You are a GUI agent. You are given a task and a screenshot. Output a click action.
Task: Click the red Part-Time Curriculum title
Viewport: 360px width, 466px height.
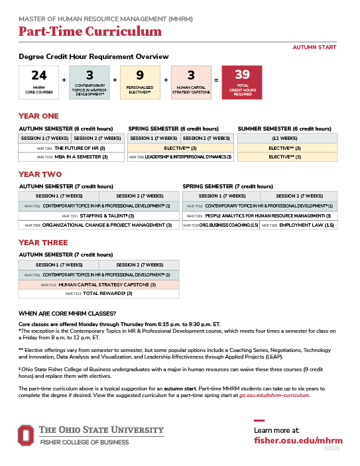pos(90,31)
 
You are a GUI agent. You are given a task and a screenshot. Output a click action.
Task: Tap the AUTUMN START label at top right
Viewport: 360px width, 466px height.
pos(314,47)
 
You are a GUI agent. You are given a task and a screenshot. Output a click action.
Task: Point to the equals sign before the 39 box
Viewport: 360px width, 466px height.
pos(215,80)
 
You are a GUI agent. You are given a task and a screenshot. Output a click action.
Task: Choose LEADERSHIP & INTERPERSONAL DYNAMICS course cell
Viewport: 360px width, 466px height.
pos(182,157)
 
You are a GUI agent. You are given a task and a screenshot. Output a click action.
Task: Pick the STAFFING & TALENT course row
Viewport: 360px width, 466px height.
pos(99,216)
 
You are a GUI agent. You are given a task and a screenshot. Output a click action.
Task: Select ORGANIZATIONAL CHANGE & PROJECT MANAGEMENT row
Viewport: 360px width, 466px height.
pos(99,225)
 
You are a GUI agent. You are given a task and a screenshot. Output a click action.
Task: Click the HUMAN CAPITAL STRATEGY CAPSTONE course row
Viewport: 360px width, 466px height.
pos(99,284)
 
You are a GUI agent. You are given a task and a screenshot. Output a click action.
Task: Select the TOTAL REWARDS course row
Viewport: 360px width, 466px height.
pos(99,293)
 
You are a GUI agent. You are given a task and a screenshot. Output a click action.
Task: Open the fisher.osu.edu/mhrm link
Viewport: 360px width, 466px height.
pos(298,440)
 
